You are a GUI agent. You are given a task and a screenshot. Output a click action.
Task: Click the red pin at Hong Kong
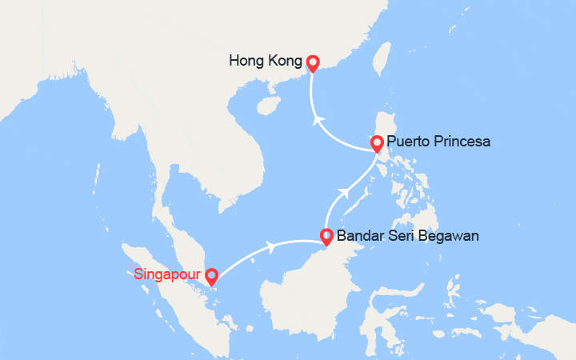click(312, 63)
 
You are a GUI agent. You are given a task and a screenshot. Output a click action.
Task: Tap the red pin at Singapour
click(211, 277)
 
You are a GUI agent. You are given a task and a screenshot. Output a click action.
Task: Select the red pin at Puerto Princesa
click(376, 144)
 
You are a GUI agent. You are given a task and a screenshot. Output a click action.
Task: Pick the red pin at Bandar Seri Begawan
click(326, 237)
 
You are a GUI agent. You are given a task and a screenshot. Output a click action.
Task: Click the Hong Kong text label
click(265, 61)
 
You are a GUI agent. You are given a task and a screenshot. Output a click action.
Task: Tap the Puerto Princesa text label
click(438, 142)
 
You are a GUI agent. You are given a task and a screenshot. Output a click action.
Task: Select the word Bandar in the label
click(358, 236)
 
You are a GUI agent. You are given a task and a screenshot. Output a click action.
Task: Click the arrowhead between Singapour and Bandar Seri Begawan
click(273, 246)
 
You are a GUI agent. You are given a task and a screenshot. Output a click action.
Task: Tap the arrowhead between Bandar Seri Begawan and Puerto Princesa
click(346, 193)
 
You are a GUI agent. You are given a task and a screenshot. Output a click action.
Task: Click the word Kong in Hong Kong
click(285, 61)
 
